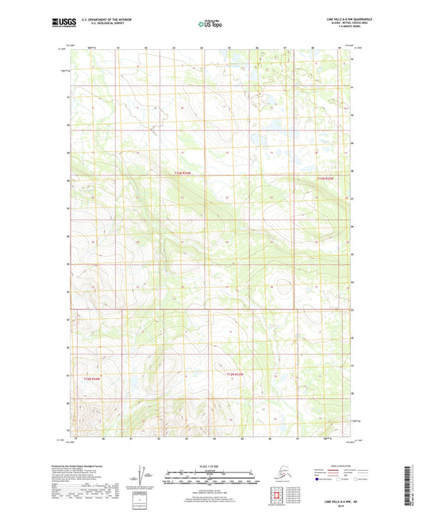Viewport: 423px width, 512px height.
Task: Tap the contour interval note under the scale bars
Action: [x=211, y=489]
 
